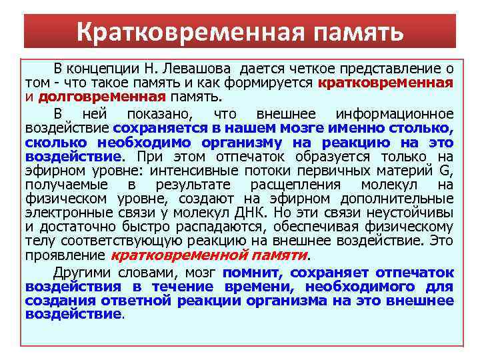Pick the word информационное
pyautogui.click(x=395, y=114)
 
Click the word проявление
pyautogui.click(x=65, y=255)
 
